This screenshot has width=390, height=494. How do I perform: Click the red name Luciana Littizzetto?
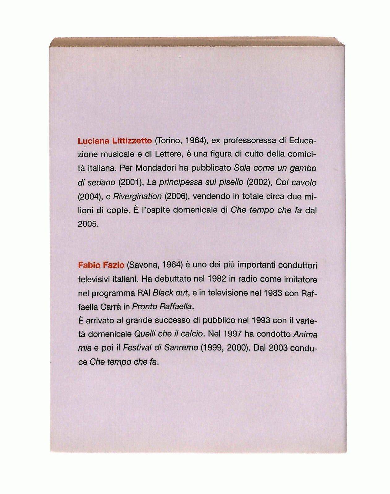pos(114,141)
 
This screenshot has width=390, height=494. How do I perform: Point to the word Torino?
pos(169,141)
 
